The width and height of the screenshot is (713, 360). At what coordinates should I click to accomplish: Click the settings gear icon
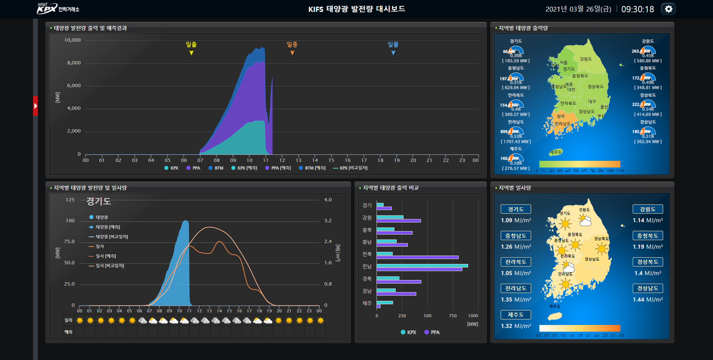point(669,9)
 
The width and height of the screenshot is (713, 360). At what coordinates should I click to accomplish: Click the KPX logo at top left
point(57,8)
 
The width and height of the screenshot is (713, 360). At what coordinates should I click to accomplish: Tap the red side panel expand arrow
point(35,106)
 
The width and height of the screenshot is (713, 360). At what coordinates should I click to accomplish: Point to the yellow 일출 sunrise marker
point(191,53)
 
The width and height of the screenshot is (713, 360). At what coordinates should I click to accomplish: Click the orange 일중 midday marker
point(292,53)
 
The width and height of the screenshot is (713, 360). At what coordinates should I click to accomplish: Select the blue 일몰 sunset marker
point(393,53)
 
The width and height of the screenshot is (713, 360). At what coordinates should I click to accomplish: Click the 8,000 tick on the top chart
point(74,63)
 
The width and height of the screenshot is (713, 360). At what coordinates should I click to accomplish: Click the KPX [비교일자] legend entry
point(351,168)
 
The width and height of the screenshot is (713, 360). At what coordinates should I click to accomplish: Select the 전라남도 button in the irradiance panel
point(516,288)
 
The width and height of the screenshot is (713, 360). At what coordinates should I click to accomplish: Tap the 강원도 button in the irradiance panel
point(648,209)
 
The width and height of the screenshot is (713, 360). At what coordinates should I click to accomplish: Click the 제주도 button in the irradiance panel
point(516,315)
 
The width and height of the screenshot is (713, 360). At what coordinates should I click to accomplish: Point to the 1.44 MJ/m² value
point(648,300)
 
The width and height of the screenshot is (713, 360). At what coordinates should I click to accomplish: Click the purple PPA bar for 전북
point(417,257)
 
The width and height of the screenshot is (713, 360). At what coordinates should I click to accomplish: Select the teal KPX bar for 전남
point(422,266)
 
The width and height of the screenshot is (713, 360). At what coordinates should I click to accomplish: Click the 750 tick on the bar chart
point(453,316)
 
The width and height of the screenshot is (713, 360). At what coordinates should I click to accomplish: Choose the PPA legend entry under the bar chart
point(432,332)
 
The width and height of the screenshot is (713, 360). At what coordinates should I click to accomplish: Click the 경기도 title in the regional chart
point(99,201)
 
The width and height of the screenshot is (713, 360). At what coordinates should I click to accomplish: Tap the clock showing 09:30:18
point(638,9)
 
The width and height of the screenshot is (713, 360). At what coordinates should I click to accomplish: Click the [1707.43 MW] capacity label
point(516,142)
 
